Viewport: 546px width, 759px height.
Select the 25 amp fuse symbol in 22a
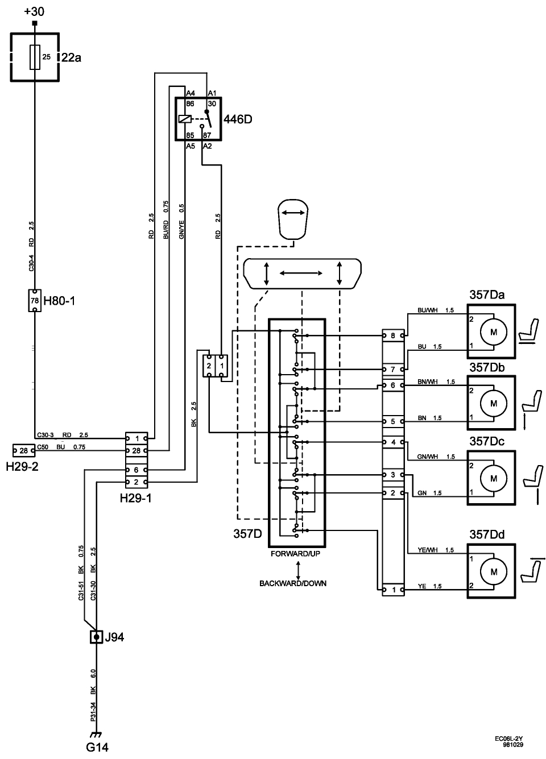point(35,57)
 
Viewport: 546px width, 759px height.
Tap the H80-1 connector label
point(59,300)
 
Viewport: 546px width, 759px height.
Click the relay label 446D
point(237,120)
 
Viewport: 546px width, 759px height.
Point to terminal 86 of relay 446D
point(191,104)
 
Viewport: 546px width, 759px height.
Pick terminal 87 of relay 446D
point(206,136)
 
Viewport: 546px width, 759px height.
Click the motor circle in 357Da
point(494,331)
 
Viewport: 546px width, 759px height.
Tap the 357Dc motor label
point(487,442)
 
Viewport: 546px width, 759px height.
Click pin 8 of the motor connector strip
point(393,336)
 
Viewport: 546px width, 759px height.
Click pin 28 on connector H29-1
point(136,450)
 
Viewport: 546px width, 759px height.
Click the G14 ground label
point(97,747)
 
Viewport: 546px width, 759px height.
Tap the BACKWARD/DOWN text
point(293,583)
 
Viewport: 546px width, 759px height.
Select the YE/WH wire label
point(427,550)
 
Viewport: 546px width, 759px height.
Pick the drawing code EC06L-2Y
point(509,739)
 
